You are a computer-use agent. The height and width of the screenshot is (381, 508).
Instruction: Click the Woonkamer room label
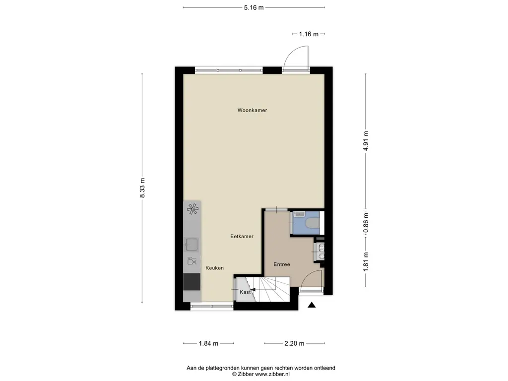252,110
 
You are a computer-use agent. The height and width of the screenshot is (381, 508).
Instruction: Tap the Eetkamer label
242,237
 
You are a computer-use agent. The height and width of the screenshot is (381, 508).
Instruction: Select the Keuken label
215,268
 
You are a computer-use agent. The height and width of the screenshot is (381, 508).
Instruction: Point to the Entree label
281,264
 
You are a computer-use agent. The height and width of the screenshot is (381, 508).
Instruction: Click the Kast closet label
245,292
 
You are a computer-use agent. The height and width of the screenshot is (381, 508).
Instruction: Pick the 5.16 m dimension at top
254,7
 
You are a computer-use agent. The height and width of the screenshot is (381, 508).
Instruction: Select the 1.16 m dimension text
308,34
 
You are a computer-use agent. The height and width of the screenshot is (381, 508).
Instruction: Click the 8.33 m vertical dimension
142,188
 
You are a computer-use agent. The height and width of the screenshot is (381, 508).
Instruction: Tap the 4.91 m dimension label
366,140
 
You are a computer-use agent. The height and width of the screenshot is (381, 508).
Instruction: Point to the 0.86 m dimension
366,223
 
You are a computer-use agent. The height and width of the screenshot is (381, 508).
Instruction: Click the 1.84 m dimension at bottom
208,343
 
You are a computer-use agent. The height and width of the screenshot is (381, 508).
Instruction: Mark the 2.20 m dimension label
294,343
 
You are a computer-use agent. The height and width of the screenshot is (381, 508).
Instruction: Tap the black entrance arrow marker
312,306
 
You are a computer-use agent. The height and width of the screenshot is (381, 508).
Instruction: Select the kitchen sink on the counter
191,244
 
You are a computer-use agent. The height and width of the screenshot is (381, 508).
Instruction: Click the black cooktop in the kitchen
191,282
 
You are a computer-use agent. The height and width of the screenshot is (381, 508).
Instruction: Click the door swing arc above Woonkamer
296,56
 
